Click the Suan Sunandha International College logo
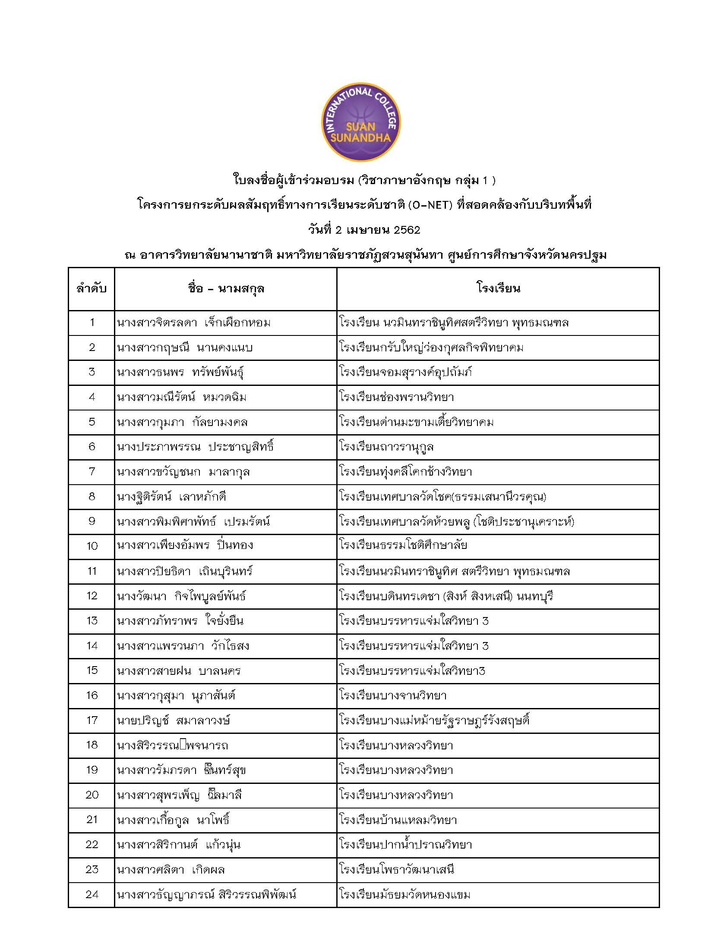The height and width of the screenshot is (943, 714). [x=361, y=122]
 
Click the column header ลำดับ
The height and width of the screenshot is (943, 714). [x=92, y=288]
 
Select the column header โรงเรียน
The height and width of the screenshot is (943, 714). [x=498, y=288]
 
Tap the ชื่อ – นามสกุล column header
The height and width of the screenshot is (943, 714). [x=226, y=288]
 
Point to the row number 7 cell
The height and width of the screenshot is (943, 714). [x=92, y=471]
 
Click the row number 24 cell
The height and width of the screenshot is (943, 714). [x=92, y=894]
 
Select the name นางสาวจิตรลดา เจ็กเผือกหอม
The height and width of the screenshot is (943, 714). [x=194, y=323]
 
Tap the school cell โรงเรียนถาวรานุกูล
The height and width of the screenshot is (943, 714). [x=386, y=447]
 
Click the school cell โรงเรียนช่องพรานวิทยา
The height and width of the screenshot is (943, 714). [x=396, y=397]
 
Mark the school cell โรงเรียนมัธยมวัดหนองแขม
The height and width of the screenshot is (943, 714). [x=404, y=894]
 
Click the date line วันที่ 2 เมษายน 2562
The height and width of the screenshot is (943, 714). [x=364, y=230]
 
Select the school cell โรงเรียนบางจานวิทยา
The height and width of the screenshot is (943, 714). [x=393, y=696]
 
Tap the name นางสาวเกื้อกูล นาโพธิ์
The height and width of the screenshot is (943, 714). [x=173, y=820]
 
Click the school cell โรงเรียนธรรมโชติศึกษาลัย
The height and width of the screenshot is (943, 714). [x=403, y=545]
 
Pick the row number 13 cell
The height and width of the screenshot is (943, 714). [x=92, y=621]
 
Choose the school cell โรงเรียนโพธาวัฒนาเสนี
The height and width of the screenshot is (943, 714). [x=397, y=869]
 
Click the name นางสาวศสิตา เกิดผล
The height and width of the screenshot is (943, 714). [x=171, y=869]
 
